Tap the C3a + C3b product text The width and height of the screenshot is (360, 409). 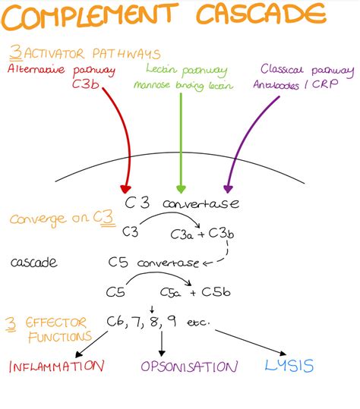(x=213, y=233)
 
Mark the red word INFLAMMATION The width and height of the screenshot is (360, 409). (x=55, y=366)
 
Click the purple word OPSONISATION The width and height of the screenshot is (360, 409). (x=188, y=366)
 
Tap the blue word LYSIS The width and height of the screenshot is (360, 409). (x=289, y=365)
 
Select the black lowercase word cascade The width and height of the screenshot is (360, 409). (x=34, y=263)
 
